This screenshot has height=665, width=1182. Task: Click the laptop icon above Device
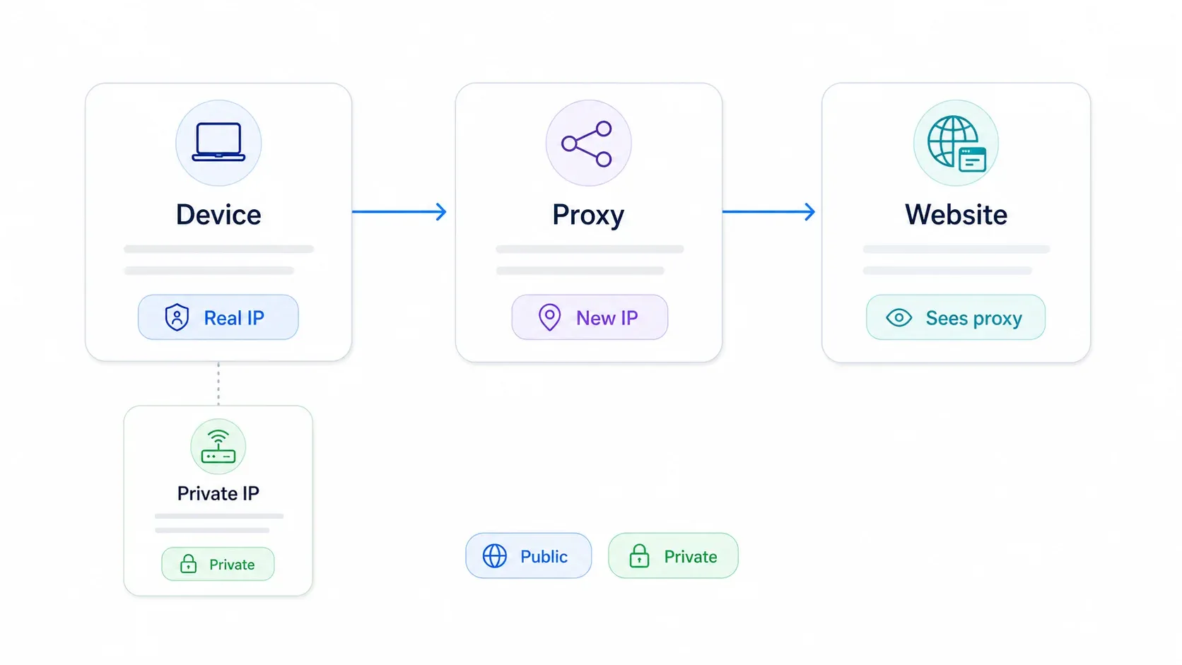click(218, 142)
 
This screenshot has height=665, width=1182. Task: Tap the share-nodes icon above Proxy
click(587, 143)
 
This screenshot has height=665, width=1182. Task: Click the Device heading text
click(218, 215)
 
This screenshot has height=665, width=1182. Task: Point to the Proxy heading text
click(588, 216)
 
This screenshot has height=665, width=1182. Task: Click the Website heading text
click(956, 215)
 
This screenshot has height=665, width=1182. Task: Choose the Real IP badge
click(218, 317)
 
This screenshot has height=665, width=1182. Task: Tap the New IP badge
click(590, 317)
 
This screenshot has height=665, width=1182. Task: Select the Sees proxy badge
click(956, 317)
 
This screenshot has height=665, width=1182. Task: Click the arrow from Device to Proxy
click(399, 211)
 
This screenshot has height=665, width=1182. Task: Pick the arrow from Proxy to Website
click(769, 211)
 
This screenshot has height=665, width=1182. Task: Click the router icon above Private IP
click(218, 446)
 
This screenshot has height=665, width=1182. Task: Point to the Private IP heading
click(218, 493)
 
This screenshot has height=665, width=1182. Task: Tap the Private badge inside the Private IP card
click(218, 564)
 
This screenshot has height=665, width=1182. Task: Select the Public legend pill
click(528, 556)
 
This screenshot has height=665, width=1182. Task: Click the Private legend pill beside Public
click(673, 556)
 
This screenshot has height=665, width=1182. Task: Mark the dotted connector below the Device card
click(218, 384)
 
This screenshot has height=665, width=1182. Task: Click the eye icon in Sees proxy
click(899, 317)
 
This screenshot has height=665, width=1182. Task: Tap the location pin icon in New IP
click(549, 317)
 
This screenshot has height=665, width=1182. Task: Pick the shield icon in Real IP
click(177, 317)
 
